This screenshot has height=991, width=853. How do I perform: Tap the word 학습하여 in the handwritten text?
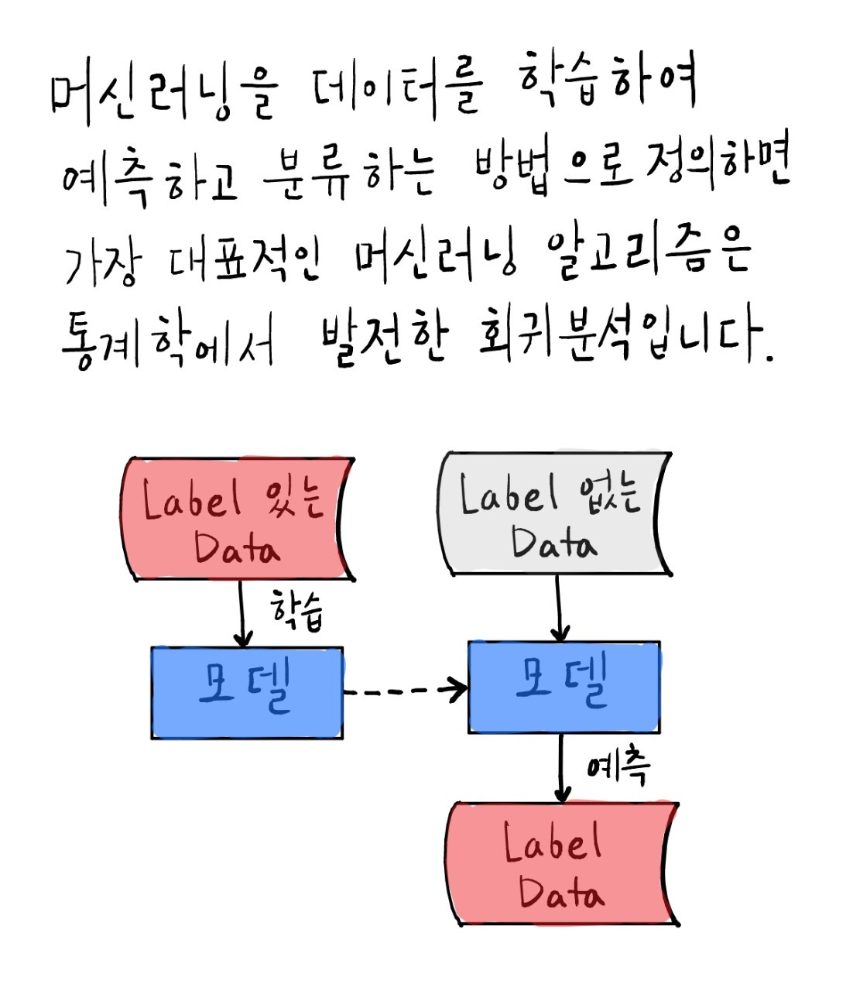pyautogui.click(x=607, y=81)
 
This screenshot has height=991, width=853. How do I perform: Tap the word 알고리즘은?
pyautogui.click(x=649, y=252)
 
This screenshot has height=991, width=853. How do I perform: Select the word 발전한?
pyautogui.click(x=384, y=341)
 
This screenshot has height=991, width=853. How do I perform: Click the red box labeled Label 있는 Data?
pyautogui.click(x=237, y=520)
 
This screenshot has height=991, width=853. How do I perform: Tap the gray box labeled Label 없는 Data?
pyautogui.click(x=553, y=513)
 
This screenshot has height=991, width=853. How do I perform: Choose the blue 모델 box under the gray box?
pyautogui.click(x=564, y=687)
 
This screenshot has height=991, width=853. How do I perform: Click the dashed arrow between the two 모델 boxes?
pyautogui.click(x=404, y=690)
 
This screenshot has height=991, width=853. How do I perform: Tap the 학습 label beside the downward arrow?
pyautogui.click(x=296, y=609)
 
